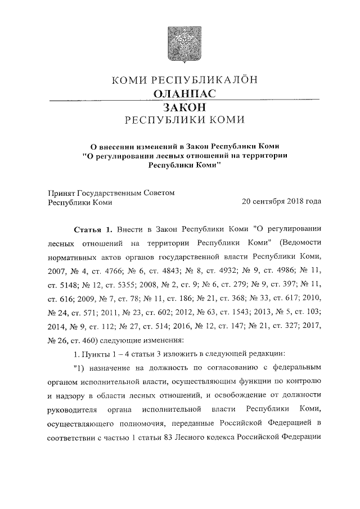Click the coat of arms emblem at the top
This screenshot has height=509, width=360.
tap(180, 43)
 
